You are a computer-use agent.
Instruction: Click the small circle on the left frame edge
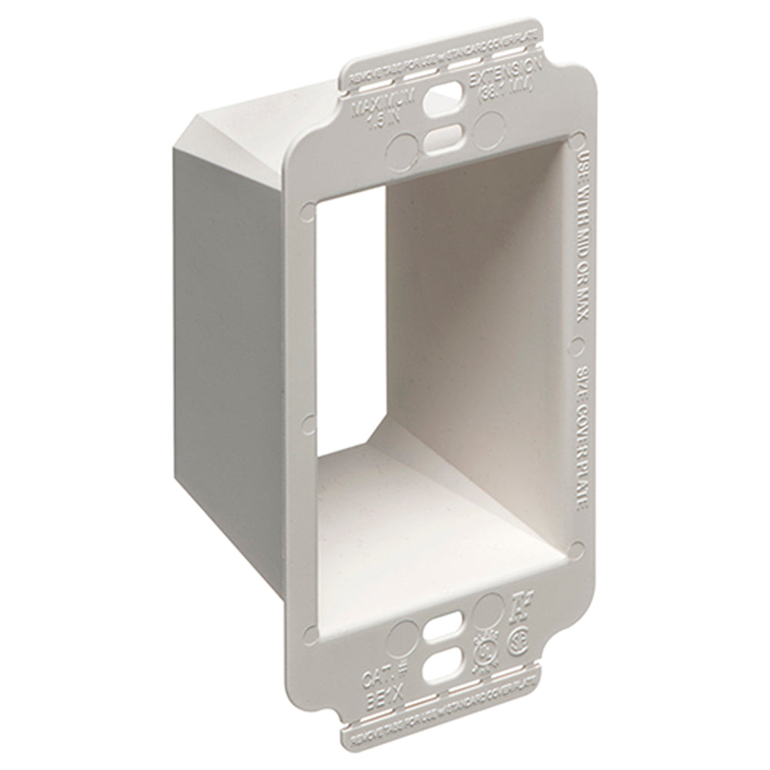pos(309,421)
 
